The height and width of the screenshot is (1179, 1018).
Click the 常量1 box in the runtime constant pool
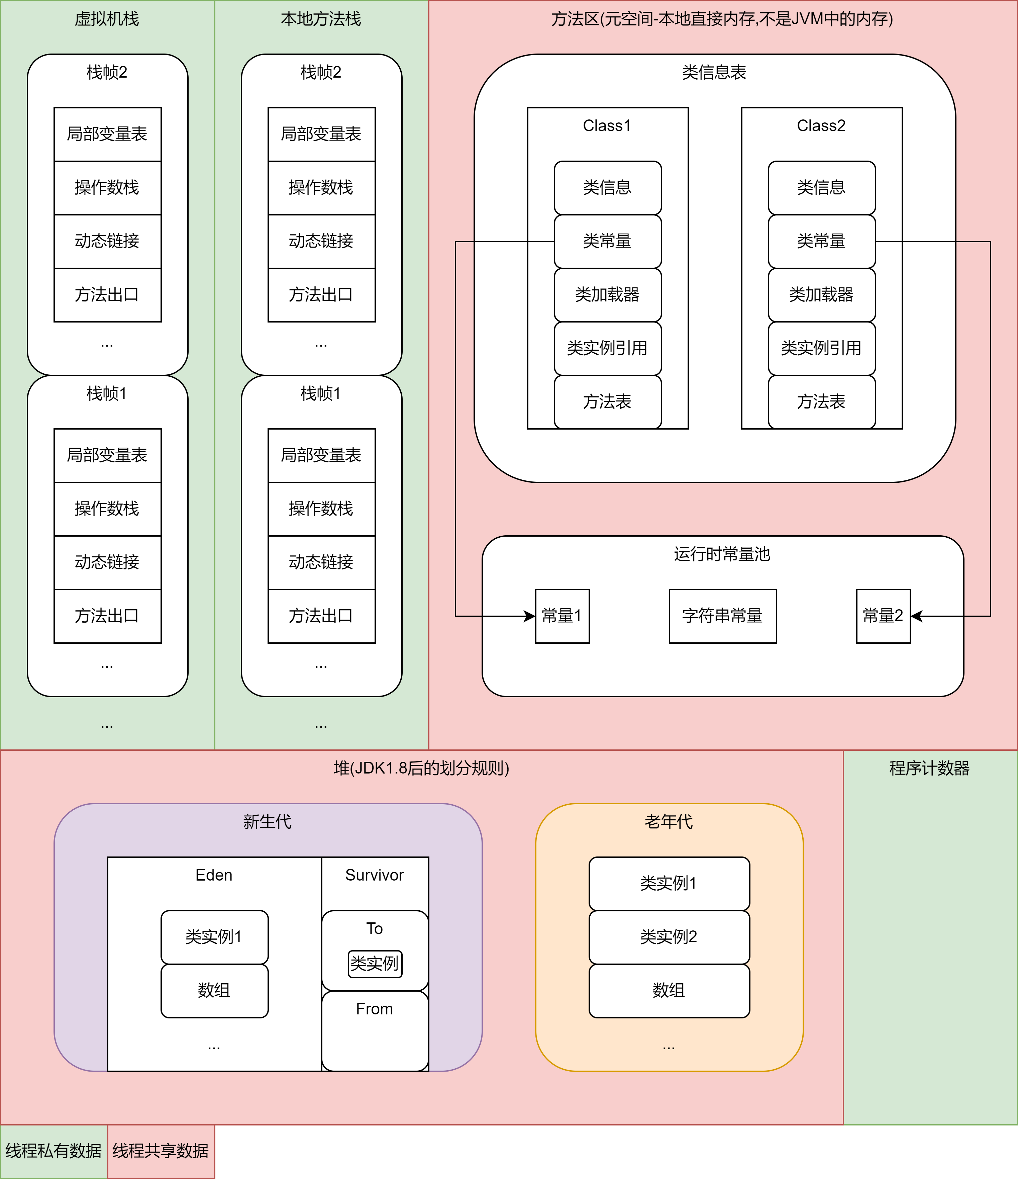coord(562,616)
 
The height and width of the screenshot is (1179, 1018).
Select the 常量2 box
coord(883,616)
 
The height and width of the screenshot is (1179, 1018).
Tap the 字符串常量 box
coord(722,616)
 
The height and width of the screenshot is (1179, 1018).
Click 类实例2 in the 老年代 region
coord(669,936)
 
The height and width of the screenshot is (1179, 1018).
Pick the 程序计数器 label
coord(929,768)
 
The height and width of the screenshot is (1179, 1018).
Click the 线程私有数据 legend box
coord(54,1151)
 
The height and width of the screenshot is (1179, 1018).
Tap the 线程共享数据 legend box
coord(161,1151)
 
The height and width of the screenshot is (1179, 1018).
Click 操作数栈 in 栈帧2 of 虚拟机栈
coord(107,188)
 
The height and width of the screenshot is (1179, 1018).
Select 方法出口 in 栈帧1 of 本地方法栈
coord(321,616)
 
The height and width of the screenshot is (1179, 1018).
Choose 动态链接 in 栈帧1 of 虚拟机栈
coord(107,562)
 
